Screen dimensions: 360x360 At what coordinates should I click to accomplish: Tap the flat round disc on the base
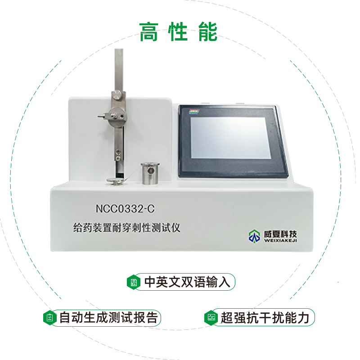point(114,182)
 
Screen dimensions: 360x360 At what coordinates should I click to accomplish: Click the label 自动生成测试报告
point(108,318)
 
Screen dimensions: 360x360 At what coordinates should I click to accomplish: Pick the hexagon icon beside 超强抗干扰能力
point(210,318)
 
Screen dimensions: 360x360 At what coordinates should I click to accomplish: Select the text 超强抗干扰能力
point(265,318)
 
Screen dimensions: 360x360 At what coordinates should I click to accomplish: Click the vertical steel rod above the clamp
point(118,67)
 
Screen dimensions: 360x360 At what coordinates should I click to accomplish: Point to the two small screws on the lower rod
point(118,153)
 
